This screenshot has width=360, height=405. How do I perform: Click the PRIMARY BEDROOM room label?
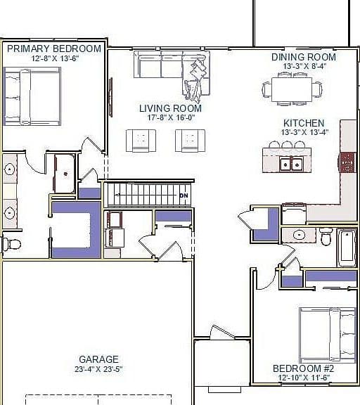click(x=54, y=49)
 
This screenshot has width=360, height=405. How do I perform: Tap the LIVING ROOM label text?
click(x=170, y=108)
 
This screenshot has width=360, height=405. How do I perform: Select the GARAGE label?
click(x=98, y=359)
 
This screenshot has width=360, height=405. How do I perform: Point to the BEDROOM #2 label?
click(x=304, y=368)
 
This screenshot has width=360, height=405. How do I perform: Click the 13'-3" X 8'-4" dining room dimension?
click(x=304, y=66)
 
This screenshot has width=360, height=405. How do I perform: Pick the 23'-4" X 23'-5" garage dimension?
click(x=98, y=369)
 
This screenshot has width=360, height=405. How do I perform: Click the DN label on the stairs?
click(x=184, y=195)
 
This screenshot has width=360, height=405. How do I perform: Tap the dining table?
click(x=292, y=89)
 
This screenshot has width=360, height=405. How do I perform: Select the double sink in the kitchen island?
click(x=291, y=164)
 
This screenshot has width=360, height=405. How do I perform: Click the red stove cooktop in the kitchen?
click(x=347, y=162)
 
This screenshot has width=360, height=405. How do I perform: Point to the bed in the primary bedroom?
click(x=32, y=96)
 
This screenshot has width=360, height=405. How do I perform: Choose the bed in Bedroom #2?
click(x=327, y=335)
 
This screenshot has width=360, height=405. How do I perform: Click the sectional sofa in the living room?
click(x=172, y=70)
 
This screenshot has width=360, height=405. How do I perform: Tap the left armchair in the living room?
click(x=141, y=141)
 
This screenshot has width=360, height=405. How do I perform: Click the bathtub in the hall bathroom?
click(x=347, y=248)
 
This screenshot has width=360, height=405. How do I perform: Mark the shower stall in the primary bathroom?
click(x=65, y=174)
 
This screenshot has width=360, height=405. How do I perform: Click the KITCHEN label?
click(x=304, y=123)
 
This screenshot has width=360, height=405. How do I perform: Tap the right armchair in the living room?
click(x=191, y=141)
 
